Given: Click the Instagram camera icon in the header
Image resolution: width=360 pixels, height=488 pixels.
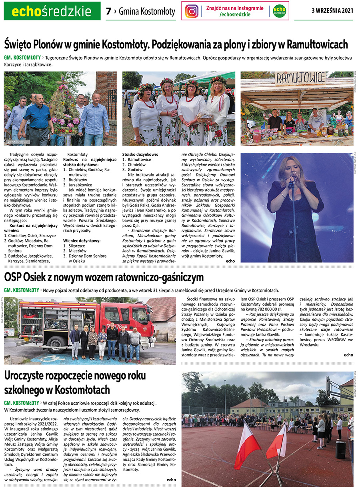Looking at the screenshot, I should click(192, 11).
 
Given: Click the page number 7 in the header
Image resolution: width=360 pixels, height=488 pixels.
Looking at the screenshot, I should click(108, 11).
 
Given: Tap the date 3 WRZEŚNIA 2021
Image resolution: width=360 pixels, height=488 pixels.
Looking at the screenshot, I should click(332, 11).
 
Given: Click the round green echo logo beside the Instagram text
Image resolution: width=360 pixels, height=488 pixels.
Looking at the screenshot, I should click(279, 11).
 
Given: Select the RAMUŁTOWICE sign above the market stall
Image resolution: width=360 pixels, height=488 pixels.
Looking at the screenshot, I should click(300, 78).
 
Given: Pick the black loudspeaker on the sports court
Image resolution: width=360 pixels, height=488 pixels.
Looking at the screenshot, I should click(340, 449).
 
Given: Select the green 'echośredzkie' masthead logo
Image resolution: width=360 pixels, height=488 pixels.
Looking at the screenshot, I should click(52, 11).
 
